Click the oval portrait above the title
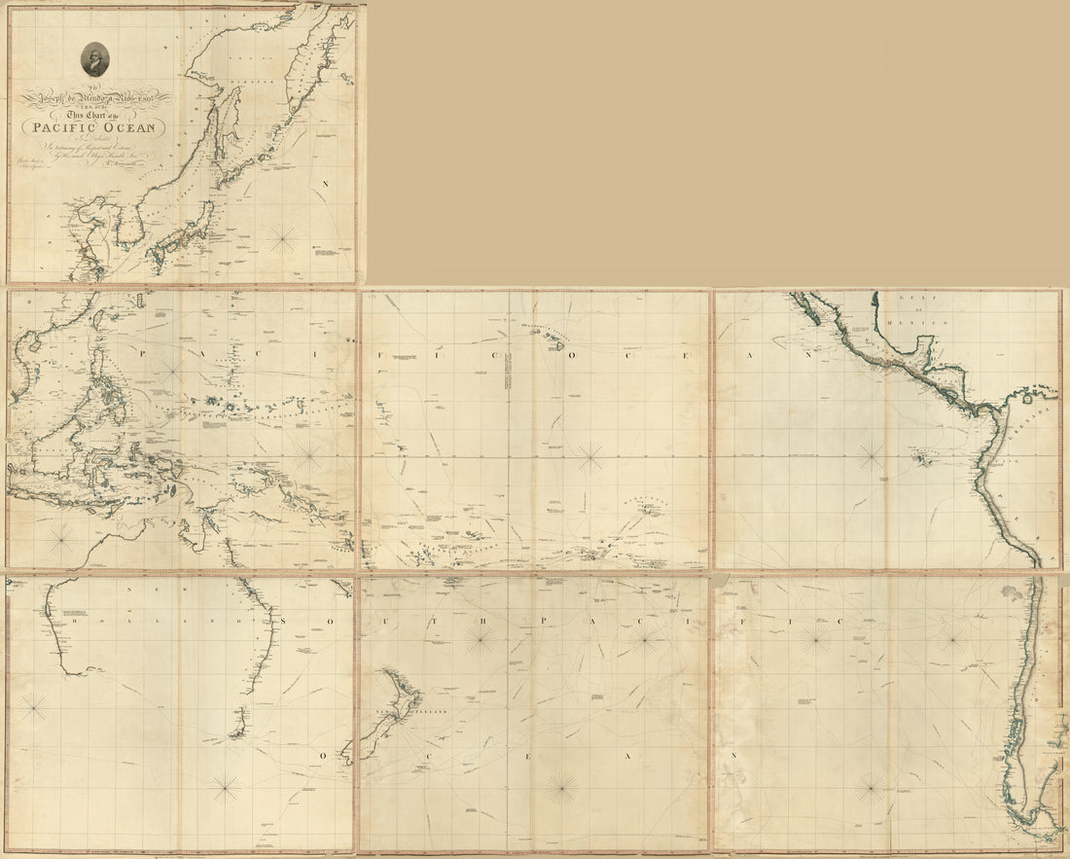(x=94, y=59)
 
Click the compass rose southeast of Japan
(x=285, y=234)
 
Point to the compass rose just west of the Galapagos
(x=871, y=450)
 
